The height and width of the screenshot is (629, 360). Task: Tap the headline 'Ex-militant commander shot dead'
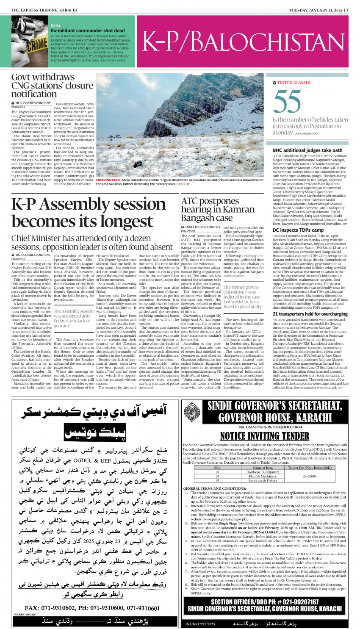click(88, 30)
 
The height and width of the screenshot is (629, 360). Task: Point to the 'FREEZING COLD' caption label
click(109, 180)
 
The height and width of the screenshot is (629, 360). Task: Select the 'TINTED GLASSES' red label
click(294, 83)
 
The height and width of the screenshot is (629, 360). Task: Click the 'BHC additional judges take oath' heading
click(307, 150)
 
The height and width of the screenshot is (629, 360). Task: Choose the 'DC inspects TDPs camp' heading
click(298, 230)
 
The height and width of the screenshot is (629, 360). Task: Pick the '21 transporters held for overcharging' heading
click(310, 314)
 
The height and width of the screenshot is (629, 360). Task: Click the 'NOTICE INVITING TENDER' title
click(264, 436)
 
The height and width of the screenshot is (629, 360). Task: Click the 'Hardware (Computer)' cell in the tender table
click(263, 472)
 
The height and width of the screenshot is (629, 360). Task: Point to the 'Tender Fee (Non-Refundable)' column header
click(309, 468)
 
